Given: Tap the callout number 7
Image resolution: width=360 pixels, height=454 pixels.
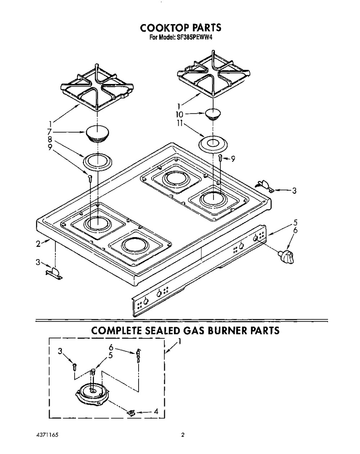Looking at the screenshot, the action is (x=50, y=132).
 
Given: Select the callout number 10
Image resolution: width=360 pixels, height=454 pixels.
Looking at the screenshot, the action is (x=179, y=115).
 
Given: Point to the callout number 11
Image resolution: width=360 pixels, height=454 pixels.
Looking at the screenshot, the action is (x=179, y=123).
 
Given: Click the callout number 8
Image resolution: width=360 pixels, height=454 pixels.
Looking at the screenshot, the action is (x=50, y=140).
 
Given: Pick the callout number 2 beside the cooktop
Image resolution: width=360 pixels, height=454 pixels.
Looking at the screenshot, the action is (x=39, y=244).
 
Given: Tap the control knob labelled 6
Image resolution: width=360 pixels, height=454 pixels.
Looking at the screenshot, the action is (x=285, y=257).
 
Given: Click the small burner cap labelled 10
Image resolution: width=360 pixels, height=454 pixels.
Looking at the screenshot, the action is (x=213, y=114).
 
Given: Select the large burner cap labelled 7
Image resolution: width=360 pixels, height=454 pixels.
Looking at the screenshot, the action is (x=97, y=134).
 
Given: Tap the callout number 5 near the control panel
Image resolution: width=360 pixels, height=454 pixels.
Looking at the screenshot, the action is (x=295, y=223).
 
